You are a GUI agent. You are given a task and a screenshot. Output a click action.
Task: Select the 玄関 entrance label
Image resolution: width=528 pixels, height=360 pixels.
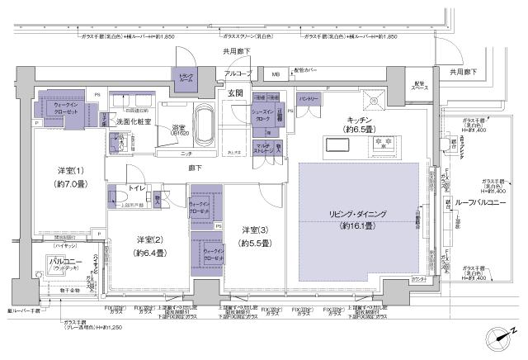coord(234,94)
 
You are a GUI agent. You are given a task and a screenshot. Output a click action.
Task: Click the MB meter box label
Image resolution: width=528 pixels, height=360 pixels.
coord(275,74)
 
